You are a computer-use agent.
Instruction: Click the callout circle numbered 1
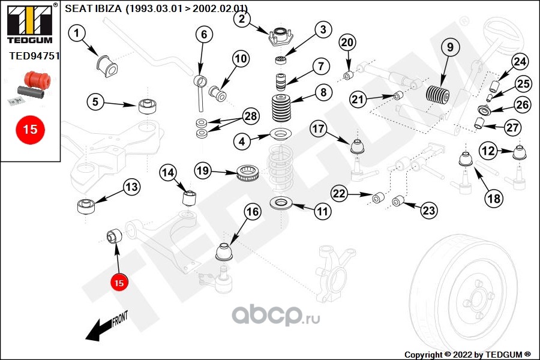(76, 34)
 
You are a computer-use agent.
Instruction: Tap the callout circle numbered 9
(450, 47)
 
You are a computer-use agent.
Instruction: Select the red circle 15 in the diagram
(119, 283)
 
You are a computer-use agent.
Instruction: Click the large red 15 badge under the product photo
(30, 130)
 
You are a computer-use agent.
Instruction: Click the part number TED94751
(34, 56)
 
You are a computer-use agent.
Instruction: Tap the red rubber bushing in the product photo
(37, 80)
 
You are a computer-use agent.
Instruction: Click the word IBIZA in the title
(107, 8)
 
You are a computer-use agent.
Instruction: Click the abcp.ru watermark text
(275, 314)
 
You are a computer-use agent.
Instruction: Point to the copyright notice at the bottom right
(467, 355)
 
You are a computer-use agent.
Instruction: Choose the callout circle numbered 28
(251, 116)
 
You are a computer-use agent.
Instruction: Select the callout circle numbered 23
(429, 210)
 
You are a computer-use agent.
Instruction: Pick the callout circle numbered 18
(494, 198)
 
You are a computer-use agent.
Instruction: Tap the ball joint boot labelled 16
(224, 252)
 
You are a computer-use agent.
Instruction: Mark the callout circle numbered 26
(522, 104)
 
